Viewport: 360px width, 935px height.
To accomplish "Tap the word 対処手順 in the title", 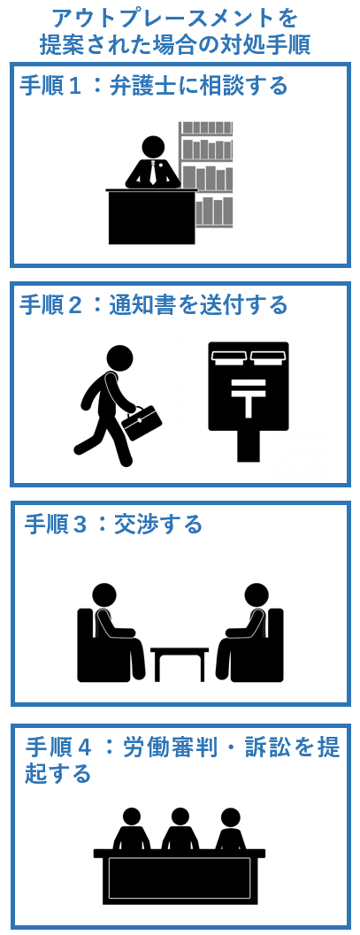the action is tap(270, 44).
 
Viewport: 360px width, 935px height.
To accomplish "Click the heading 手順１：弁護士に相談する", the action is tap(153, 86).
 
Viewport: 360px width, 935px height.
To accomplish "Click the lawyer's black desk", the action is tap(151, 217).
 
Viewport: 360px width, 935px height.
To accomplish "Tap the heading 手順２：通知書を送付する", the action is tap(153, 305).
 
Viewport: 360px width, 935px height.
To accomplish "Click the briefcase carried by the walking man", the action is tap(142, 423).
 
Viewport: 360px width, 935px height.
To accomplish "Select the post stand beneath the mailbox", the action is tap(248, 448).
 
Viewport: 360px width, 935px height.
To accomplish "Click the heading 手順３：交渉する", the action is tap(113, 525).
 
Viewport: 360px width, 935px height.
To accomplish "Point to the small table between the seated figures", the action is tap(180, 663).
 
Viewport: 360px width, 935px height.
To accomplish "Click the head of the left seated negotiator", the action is tap(105, 596).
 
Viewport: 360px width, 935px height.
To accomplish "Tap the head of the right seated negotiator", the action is tap(257, 596).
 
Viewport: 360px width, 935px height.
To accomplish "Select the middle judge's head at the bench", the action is tap(180, 817).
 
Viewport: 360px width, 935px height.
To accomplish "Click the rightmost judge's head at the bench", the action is tap(230, 817).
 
